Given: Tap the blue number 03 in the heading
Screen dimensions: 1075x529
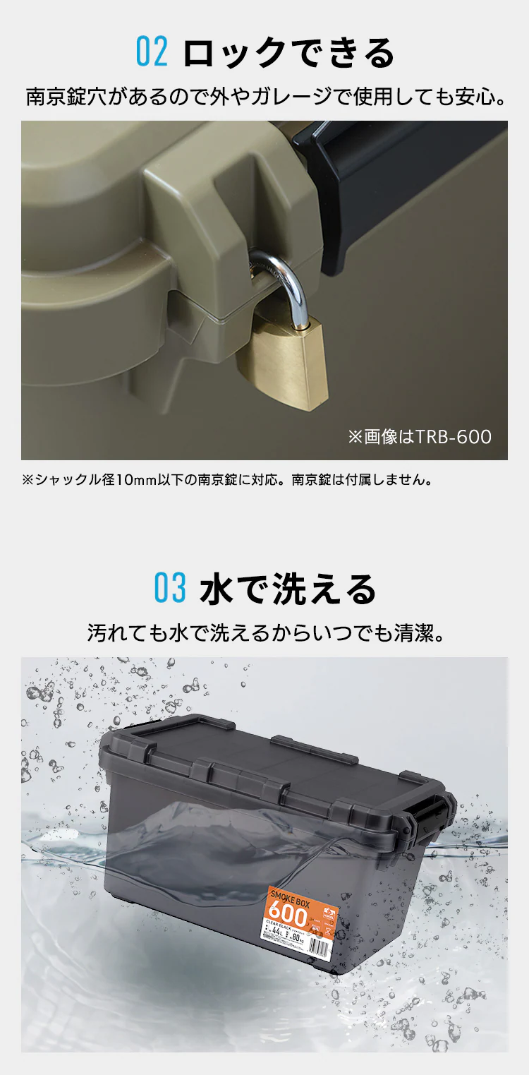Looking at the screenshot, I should [x=170, y=589].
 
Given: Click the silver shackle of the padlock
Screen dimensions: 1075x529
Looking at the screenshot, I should [x=286, y=282].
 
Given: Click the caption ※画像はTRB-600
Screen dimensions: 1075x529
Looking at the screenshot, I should [x=419, y=437].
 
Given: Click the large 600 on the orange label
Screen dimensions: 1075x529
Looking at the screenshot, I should [x=288, y=916].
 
